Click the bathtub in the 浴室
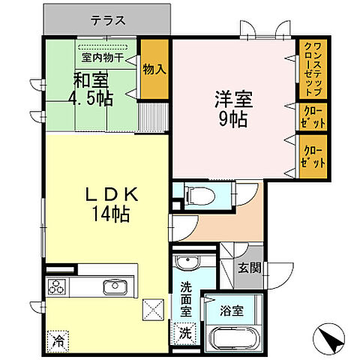tap(235, 336)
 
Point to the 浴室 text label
tap(231, 307)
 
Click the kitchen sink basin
tap(115, 286)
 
